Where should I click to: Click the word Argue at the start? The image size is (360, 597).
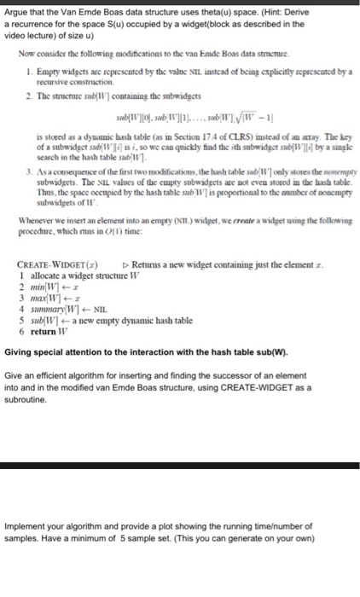(x=15, y=9)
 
